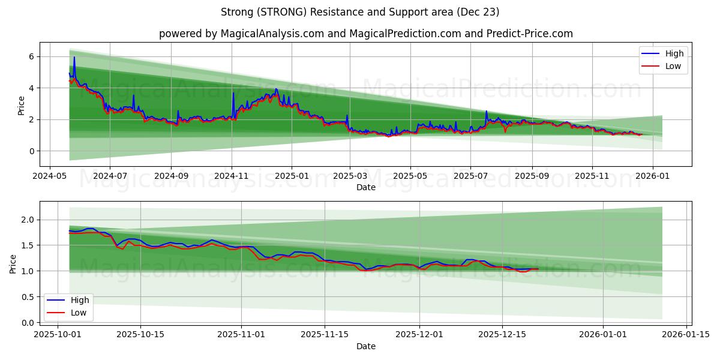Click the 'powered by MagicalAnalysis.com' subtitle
[365, 34]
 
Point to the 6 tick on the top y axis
[32, 56]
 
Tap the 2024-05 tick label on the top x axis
[49, 176]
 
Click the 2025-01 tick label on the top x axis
[292, 176]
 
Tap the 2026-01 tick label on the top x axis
[652, 176]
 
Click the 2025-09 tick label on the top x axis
[532, 176]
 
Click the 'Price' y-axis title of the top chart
[22, 106]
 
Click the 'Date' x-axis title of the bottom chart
[365, 346]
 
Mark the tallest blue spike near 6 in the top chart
[74, 57]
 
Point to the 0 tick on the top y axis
[32, 151]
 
